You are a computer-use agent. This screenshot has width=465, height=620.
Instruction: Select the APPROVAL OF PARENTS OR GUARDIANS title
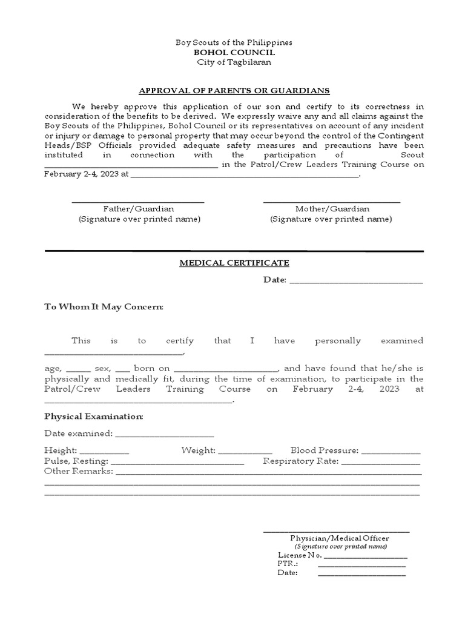tap(234, 90)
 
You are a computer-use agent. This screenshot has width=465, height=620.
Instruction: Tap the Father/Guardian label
tap(138, 209)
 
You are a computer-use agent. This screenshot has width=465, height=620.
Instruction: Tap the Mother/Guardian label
tap(332, 209)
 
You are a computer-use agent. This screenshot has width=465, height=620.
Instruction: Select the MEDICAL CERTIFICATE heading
tap(234, 263)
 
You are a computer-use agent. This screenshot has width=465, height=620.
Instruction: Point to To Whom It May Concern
tap(104, 307)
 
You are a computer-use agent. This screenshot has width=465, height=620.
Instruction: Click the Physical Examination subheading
tap(94, 417)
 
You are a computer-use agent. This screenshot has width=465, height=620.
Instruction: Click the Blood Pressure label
tap(325, 450)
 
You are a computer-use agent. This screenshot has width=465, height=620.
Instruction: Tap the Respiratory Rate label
tap(301, 461)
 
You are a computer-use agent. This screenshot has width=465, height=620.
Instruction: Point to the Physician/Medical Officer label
tap(340, 538)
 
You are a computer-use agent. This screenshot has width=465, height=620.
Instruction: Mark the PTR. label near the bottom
tap(288, 564)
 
